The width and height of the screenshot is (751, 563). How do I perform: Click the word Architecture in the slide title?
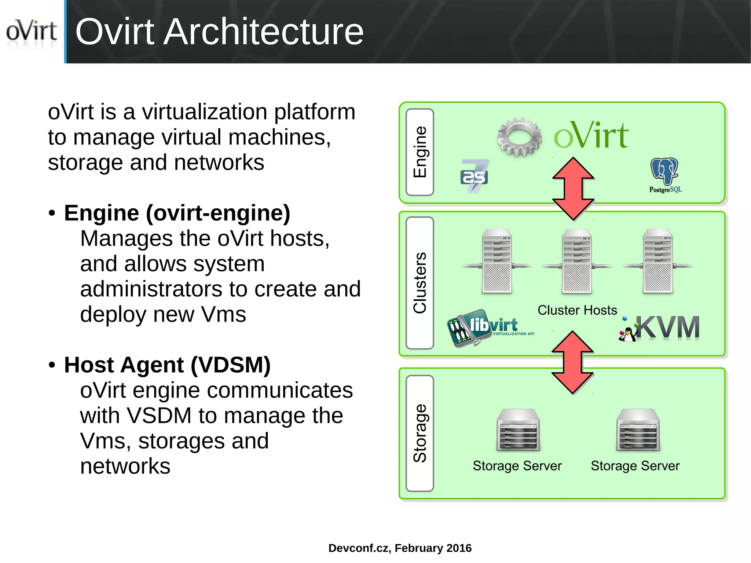click(263, 32)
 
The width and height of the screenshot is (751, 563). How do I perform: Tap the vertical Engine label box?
click(420, 152)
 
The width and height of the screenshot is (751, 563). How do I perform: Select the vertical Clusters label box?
click(420, 283)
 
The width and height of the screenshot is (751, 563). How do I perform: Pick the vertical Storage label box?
click(420, 433)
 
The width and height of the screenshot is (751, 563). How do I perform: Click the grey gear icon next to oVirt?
click(519, 137)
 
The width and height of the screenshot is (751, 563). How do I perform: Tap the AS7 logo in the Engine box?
click(474, 176)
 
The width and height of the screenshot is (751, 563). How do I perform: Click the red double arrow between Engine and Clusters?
click(573, 189)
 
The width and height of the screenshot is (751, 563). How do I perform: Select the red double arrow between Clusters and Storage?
click(572, 362)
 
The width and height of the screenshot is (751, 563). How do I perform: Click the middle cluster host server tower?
click(576, 261)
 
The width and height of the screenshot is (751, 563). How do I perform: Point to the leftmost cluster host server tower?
click(497, 261)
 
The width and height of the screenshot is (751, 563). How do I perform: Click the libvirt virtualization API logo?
click(490, 328)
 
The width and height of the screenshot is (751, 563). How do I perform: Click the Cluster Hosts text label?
click(577, 310)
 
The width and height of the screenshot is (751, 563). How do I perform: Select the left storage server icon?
click(518, 430)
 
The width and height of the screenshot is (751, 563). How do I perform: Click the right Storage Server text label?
click(635, 466)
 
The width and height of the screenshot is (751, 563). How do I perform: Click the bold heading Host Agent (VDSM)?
click(167, 365)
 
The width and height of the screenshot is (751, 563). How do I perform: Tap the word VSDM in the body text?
click(159, 416)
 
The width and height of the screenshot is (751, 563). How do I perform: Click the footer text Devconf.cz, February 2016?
click(400, 548)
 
